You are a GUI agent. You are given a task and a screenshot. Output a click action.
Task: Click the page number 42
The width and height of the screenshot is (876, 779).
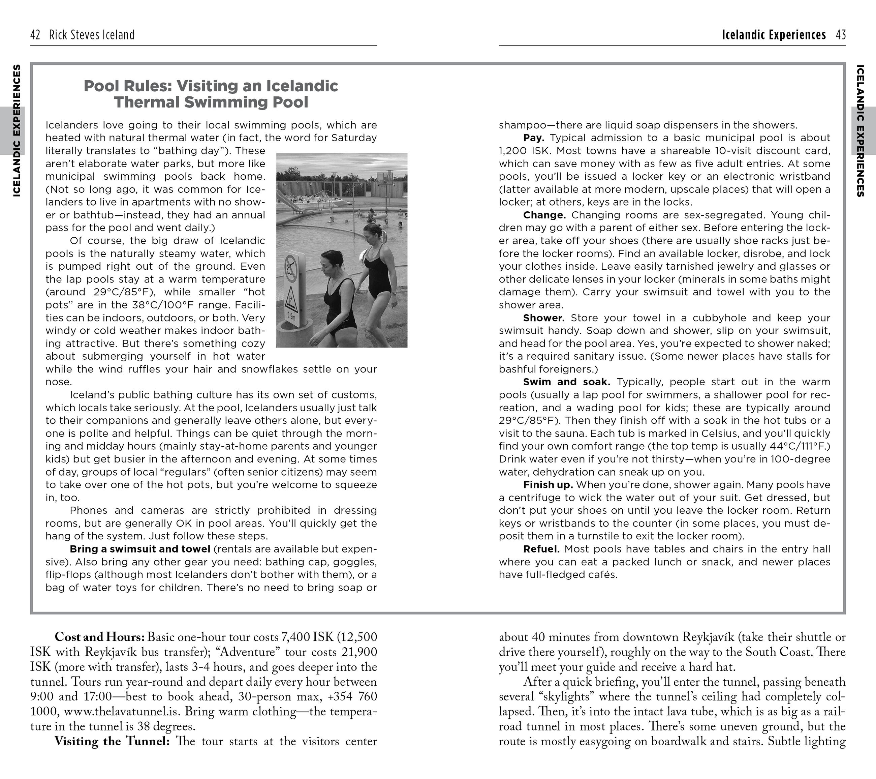tap(35, 35)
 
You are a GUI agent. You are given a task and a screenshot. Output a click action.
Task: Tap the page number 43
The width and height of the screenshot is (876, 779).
tap(840, 35)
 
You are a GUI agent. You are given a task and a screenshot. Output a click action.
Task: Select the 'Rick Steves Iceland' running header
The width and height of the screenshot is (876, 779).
tap(92, 35)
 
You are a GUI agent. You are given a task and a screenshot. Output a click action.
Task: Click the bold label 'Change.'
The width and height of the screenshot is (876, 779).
tap(544, 215)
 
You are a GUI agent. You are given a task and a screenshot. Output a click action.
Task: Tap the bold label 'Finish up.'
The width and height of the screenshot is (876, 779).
tap(548, 485)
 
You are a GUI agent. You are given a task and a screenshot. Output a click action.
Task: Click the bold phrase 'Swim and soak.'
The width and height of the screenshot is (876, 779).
tap(566, 382)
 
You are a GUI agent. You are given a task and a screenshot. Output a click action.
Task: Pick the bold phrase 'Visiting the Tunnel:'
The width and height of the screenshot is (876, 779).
tap(112, 741)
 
